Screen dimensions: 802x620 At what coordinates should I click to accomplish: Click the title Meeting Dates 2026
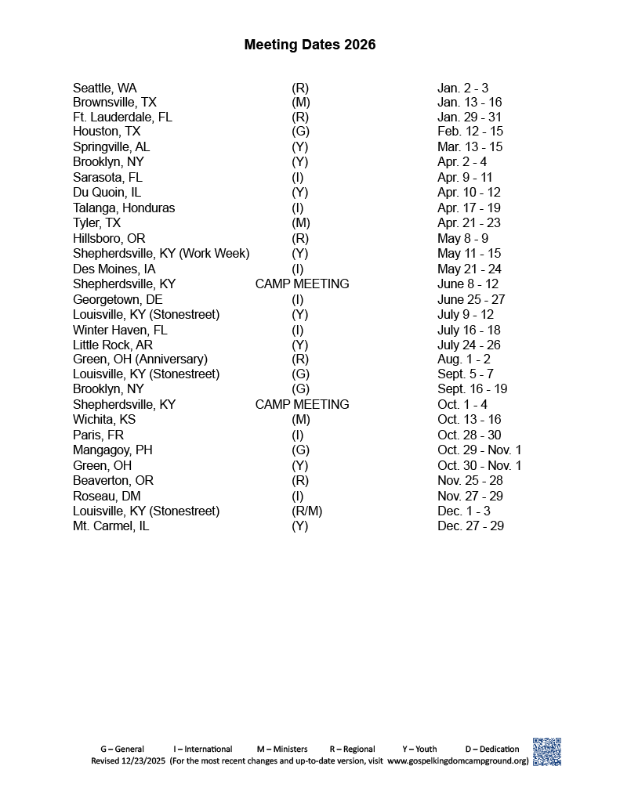click(x=310, y=45)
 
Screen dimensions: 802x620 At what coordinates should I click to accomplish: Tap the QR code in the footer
click(x=547, y=752)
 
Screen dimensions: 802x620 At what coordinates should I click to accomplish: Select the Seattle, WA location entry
click(x=104, y=88)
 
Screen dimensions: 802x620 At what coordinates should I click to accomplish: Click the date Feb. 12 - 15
click(x=470, y=132)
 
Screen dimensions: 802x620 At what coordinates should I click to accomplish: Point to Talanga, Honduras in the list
click(x=124, y=208)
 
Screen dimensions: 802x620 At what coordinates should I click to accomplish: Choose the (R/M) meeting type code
click(x=306, y=511)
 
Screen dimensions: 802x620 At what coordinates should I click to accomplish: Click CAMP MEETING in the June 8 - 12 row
click(x=302, y=284)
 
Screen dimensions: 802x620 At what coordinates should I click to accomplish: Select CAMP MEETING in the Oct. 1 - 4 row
click(x=302, y=404)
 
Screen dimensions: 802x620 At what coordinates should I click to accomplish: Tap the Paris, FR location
click(x=98, y=435)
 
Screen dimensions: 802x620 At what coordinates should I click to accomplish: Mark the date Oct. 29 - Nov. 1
click(x=479, y=450)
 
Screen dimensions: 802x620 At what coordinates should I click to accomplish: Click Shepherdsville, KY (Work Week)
click(x=161, y=253)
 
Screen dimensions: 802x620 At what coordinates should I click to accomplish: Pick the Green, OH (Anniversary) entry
click(x=140, y=359)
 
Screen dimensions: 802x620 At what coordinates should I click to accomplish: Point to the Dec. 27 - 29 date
click(x=470, y=526)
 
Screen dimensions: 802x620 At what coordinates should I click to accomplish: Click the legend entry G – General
click(x=121, y=749)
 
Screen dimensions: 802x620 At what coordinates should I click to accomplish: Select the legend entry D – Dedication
click(x=492, y=749)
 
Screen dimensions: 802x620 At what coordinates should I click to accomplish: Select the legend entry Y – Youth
click(x=419, y=749)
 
